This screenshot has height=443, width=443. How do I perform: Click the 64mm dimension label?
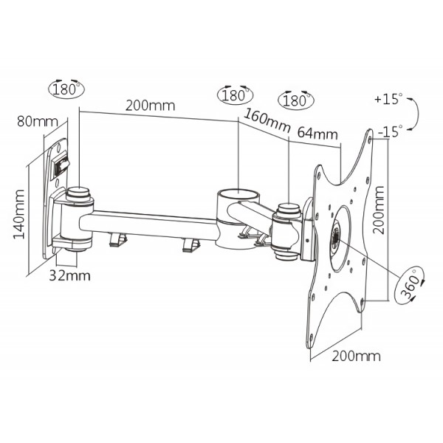317,134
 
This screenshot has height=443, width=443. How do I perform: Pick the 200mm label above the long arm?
150,105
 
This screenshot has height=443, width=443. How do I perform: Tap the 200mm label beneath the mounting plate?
357,356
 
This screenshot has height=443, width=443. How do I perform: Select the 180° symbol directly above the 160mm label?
233,95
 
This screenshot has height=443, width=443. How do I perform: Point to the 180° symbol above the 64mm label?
293,100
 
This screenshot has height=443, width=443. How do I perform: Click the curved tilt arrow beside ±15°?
416,114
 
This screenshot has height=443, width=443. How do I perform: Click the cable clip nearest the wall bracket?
117,238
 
